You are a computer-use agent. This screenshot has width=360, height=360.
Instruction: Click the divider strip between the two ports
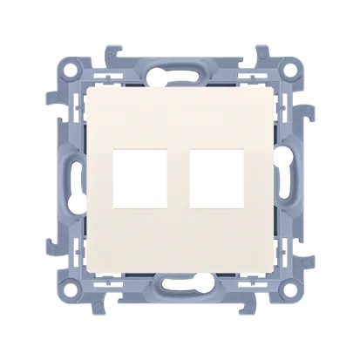click(x=180, y=191)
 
